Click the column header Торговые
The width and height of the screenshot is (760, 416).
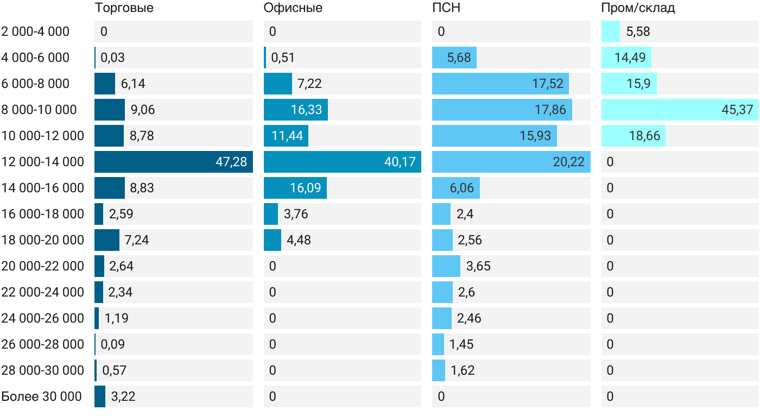124,8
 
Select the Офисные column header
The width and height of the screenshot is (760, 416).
293,8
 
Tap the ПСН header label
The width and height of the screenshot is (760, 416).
446,8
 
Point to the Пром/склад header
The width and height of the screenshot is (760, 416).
638,8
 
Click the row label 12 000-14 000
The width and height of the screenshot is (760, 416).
43,162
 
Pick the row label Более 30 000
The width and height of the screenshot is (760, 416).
41,396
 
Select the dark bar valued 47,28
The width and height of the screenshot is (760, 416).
174,162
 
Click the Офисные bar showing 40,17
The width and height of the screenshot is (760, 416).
343,162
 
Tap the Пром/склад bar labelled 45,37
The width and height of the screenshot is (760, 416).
680,110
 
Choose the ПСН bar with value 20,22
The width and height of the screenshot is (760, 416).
511,162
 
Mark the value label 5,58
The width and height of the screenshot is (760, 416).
638,31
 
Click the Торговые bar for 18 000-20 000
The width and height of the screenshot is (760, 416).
107,240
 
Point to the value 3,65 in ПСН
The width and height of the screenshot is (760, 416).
478,266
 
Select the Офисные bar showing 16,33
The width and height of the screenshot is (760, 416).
296,110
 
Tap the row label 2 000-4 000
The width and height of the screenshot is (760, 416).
35,31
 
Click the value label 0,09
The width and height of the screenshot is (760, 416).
113,344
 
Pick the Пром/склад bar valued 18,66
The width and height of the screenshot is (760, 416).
634,136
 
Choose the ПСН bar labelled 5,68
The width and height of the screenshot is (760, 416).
454,58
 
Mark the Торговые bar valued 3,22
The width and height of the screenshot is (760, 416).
100,396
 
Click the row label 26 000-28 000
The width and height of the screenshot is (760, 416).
43,344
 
